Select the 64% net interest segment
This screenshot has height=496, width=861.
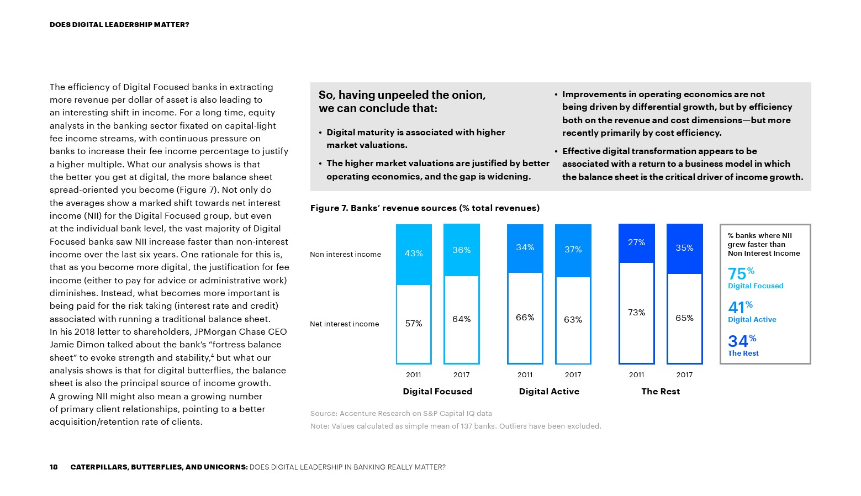pyautogui.click(x=462, y=319)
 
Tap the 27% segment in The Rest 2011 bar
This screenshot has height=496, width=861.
pyautogui.click(x=636, y=243)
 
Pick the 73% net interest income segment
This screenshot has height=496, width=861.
pyautogui.click(x=636, y=313)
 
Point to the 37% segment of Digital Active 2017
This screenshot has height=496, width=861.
pyautogui.click(x=573, y=250)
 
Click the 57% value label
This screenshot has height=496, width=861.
pyautogui.click(x=414, y=324)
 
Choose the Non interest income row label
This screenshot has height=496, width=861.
pyautogui.click(x=345, y=255)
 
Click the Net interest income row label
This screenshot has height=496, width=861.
pyautogui.click(x=344, y=324)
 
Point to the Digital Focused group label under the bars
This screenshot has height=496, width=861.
pyautogui.click(x=437, y=392)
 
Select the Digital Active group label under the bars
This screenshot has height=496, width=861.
pyautogui.click(x=549, y=392)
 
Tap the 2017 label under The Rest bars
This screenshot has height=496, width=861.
pyautogui.click(x=684, y=375)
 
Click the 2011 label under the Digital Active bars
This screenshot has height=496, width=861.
pyautogui.click(x=525, y=375)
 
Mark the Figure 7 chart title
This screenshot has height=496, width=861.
pyautogui.click(x=425, y=208)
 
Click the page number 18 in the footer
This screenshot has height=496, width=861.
pyautogui.click(x=54, y=467)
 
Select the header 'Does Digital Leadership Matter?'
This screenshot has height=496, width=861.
pyautogui.click(x=119, y=25)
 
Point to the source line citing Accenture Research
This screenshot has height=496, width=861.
pyautogui.click(x=401, y=414)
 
